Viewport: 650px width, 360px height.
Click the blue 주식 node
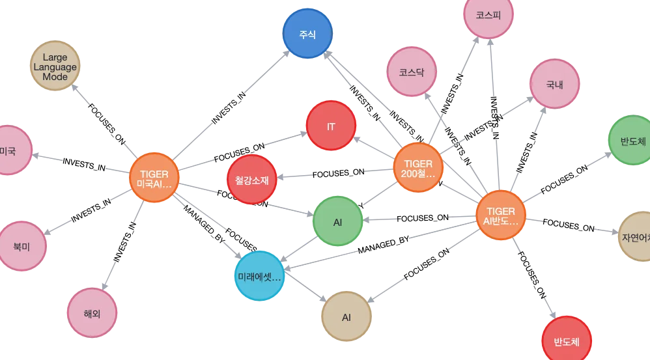coord(307,34)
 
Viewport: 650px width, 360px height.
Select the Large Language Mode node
coord(55,66)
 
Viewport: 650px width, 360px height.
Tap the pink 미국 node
coord(8,150)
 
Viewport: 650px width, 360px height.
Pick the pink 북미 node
coord(21,246)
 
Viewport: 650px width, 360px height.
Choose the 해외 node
coord(92,313)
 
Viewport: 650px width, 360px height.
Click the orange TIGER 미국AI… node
coord(154,178)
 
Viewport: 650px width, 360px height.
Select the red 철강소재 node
coord(251,180)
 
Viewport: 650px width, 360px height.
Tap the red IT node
coord(331,126)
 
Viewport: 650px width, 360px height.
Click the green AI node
coord(337,222)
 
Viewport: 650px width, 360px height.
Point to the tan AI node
coord(346,317)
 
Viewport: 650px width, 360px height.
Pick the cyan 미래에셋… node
coord(260,276)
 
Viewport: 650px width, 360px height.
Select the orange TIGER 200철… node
coord(418,167)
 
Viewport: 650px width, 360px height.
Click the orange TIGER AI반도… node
coord(500,215)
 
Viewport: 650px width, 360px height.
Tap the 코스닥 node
coord(411,72)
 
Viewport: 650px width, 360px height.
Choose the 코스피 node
coord(488,14)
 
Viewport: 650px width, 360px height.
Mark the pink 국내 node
coord(554,84)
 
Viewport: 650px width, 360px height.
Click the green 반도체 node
coord(632,141)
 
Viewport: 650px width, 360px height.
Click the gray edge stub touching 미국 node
coord(48,156)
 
